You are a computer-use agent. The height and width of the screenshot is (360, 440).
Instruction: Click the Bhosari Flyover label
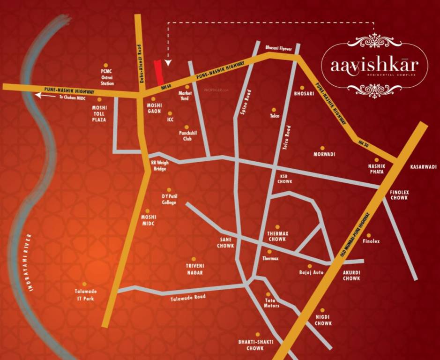pyautogui.click(x=278, y=48)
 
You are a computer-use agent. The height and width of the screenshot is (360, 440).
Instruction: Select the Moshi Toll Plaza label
pyautogui.click(x=99, y=113)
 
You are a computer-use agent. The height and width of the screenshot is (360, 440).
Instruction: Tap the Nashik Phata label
pyautogui.click(x=376, y=169)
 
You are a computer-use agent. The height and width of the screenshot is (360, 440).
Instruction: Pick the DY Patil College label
pyautogui.click(x=169, y=199)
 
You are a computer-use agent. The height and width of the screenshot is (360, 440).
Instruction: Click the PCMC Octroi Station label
pyautogui.click(x=107, y=77)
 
